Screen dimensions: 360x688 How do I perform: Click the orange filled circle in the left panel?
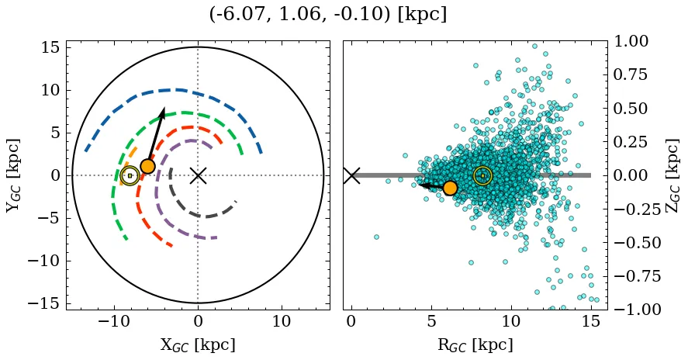coord(147,166)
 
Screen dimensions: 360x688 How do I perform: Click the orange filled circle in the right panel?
coord(450,187)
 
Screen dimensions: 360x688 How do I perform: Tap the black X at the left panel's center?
coord(198,175)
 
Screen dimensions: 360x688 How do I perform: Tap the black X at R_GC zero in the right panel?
coord(351,175)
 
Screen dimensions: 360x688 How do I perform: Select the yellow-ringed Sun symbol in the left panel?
coord(130,175)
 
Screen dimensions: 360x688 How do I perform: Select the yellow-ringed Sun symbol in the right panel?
coord(482,175)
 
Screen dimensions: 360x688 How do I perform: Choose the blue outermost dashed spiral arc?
coord(178,90)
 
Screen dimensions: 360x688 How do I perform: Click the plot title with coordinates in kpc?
coord(327,14)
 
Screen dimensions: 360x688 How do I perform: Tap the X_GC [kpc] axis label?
coord(198,344)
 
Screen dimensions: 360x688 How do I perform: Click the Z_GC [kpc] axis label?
coord(672,175)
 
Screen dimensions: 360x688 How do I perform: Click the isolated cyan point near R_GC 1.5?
coord(376,237)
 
